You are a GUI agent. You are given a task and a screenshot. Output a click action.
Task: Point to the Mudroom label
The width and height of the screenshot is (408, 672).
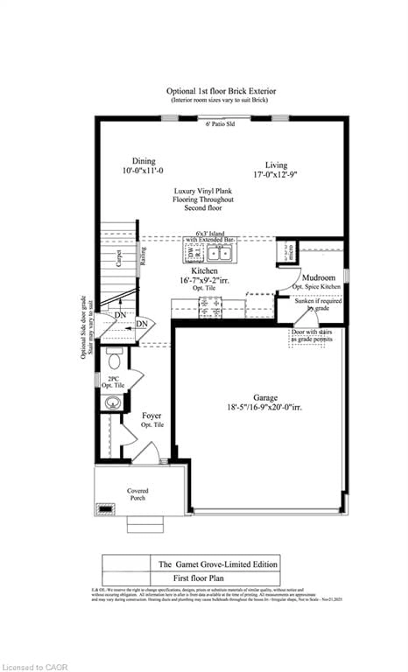coord(319,278)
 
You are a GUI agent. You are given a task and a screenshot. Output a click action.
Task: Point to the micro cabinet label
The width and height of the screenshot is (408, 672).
coord(291,252)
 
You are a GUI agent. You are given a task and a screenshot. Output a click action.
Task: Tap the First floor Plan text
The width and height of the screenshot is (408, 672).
coord(198,578)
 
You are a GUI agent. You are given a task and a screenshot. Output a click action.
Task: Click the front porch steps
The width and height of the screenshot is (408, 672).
coord(145,524)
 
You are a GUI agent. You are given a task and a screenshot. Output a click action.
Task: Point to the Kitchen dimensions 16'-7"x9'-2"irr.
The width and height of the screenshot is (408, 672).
coord(204,280)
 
